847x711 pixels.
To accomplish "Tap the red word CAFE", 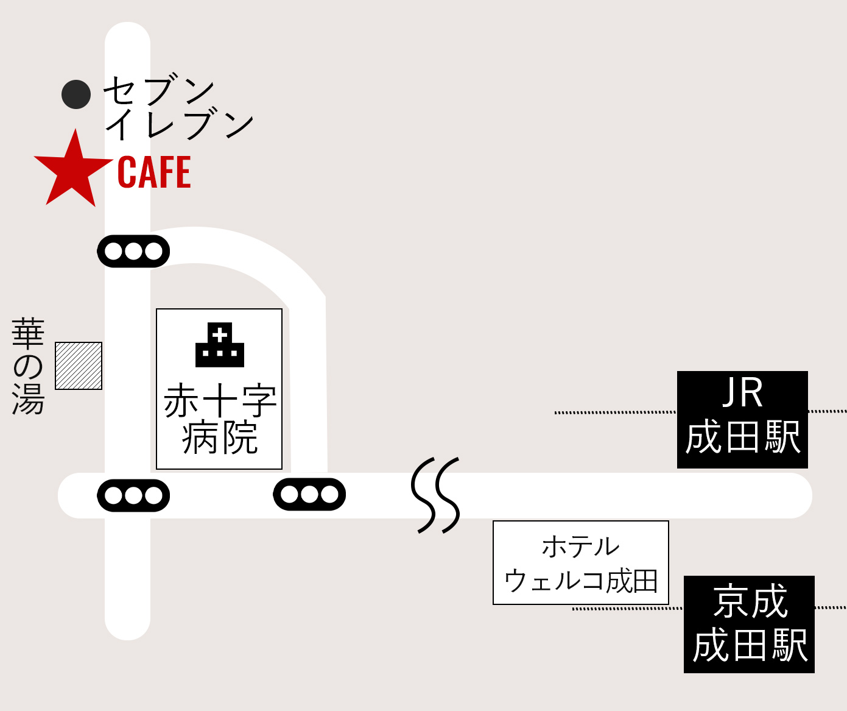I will click(154, 172).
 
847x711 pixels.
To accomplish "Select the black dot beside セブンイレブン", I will click(76, 94).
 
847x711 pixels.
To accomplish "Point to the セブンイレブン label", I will click(177, 108).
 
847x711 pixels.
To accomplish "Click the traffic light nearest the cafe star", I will click(133, 251).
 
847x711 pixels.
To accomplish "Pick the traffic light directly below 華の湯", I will click(133, 495).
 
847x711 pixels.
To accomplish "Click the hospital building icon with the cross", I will click(220, 345).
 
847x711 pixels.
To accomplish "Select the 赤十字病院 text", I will click(220, 419).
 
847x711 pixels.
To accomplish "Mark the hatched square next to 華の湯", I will click(79, 366).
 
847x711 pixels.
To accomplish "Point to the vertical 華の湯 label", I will click(28, 366).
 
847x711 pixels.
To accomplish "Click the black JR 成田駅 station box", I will click(742, 419).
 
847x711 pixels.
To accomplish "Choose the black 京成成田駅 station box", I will click(749, 624).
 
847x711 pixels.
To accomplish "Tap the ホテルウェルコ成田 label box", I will click(580, 562).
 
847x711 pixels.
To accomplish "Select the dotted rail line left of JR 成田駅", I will click(615, 412).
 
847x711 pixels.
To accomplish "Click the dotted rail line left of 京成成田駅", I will click(627, 608).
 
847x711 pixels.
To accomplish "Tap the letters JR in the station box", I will click(742, 393).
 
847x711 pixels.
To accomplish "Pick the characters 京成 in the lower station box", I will click(750, 601).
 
